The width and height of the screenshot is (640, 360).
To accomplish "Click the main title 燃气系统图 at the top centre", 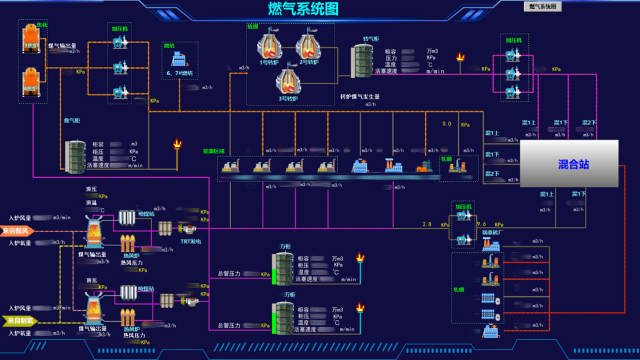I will pyautogui.click(x=303, y=9).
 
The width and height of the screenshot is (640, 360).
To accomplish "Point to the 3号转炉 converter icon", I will pyautogui.click(x=288, y=82).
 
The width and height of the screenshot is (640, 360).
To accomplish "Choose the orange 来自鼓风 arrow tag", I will pyautogui.click(x=18, y=231).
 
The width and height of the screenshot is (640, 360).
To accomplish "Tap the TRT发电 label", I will pyautogui.click(x=190, y=241).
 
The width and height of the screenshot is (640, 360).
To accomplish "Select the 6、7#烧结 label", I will pyautogui.click(x=179, y=74).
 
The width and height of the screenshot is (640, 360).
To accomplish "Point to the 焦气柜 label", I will pyautogui.click(x=72, y=121).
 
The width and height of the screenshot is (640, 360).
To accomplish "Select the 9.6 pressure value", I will pyautogui.click(x=481, y=225).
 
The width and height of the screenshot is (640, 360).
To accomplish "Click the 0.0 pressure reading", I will pyautogui.click(x=446, y=124).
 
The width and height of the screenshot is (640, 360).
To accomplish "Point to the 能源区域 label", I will pyautogui.click(x=214, y=152).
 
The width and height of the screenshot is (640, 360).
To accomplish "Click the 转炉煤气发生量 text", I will pyautogui.click(x=359, y=97).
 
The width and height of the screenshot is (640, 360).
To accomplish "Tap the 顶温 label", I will pyautogui.click(x=91, y=203).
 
